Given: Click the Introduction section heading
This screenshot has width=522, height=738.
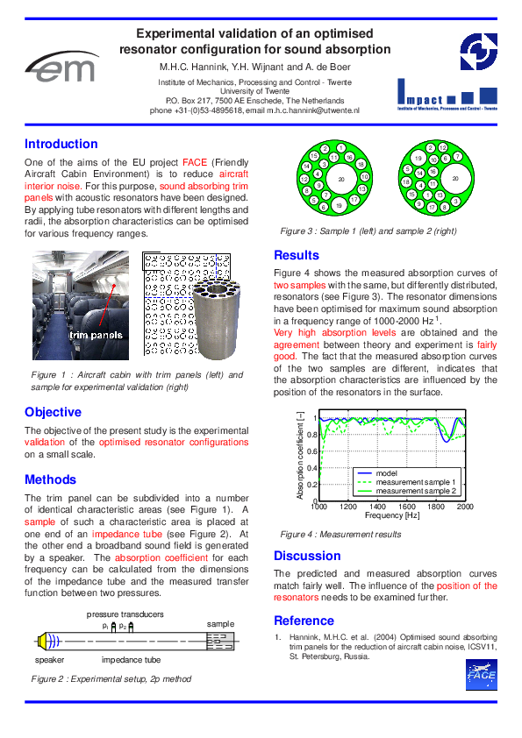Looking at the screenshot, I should coord(61,144).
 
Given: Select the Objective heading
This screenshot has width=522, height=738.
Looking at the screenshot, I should coord(53,412).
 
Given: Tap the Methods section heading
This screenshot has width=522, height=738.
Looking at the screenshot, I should coord(50,479).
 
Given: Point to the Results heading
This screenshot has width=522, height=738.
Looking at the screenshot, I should coord(297,255).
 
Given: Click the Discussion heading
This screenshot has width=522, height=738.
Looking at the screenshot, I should coord(307,556).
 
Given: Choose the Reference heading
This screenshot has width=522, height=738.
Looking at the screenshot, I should coord(306,621).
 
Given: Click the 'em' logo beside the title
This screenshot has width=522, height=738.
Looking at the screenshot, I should coord(62,65).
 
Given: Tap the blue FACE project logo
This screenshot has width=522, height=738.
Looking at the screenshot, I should coord(481,674).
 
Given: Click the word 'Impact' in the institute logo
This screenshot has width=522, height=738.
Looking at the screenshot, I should coord(420,98).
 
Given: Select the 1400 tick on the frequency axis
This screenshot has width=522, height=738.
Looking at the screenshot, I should coord(377,507).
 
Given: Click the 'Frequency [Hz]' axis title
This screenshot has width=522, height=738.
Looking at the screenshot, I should coord(392,516).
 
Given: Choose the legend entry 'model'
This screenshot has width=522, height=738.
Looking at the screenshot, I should coord(387,473).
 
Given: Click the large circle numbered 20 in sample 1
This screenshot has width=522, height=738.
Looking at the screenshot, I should coord(340,180).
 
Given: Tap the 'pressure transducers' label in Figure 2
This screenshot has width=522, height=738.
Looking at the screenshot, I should coord(125,614).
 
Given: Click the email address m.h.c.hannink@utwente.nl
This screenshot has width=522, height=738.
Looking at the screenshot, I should coord(312,110).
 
